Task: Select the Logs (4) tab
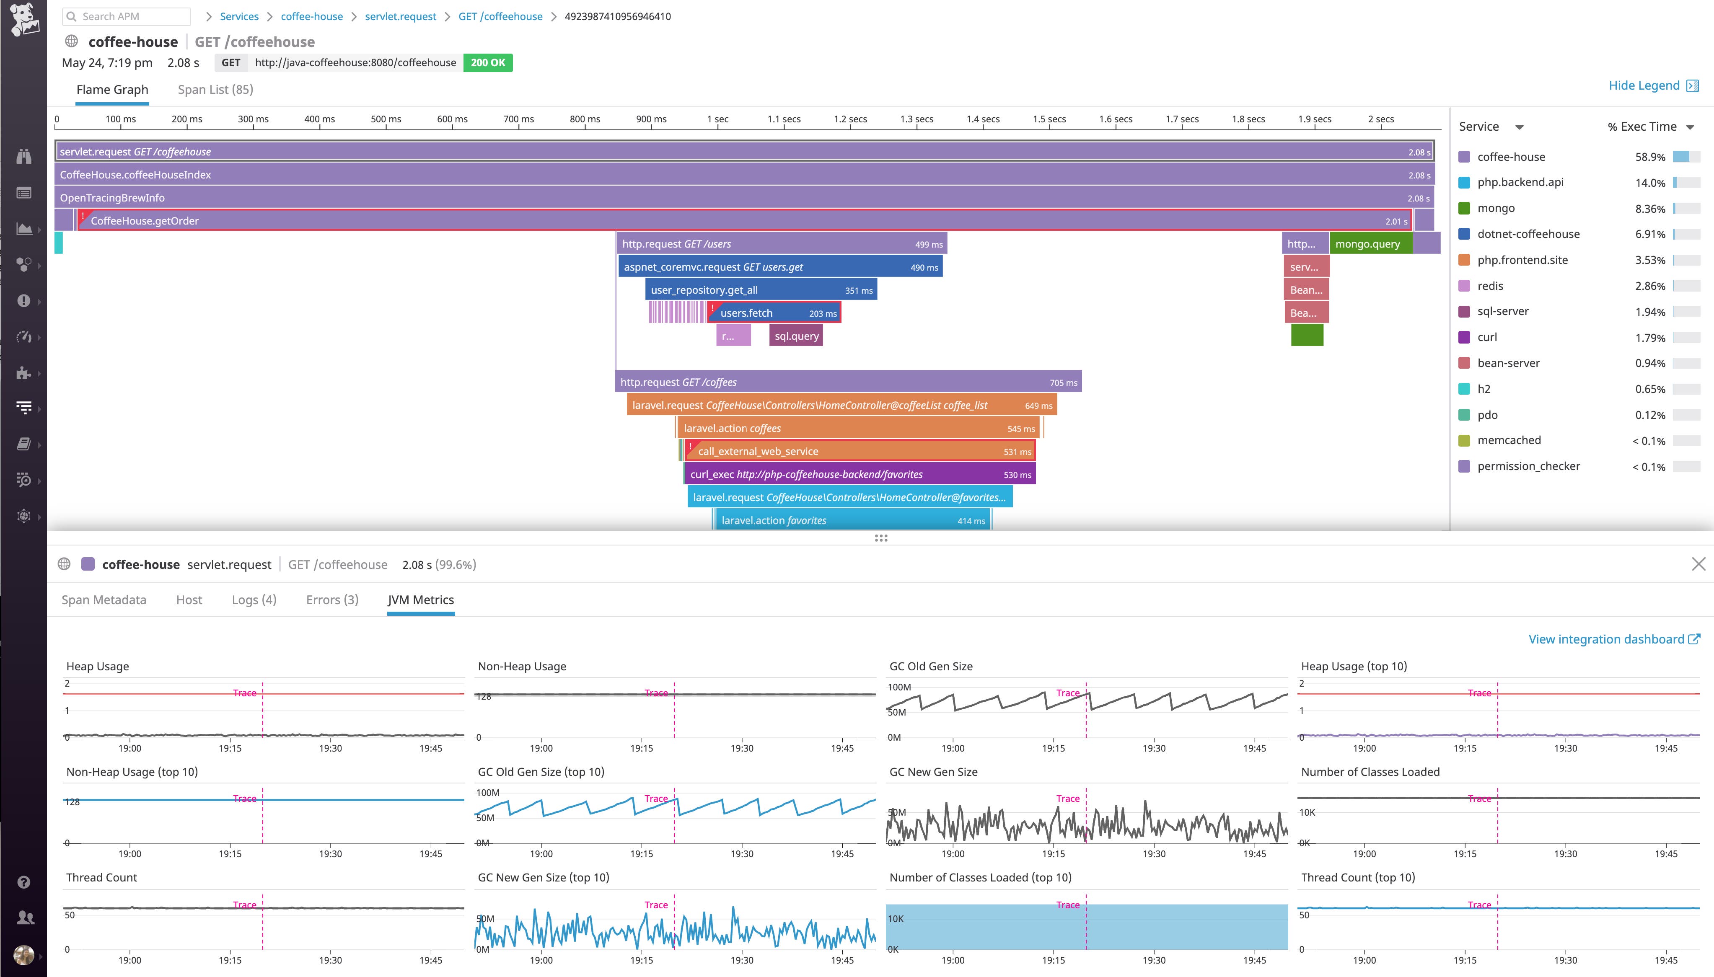(x=254, y=600)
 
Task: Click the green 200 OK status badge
(x=488, y=62)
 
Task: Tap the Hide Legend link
(x=1644, y=85)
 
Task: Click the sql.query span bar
(x=796, y=336)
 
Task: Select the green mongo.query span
(x=1369, y=243)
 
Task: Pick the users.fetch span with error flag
(x=775, y=313)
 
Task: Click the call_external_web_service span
(x=859, y=451)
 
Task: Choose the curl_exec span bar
(x=859, y=474)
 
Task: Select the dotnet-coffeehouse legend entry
(x=1528, y=234)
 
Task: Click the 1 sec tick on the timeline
(x=717, y=119)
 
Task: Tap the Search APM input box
(x=127, y=16)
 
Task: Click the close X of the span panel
(x=1698, y=564)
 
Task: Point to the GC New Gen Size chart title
(x=933, y=772)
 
